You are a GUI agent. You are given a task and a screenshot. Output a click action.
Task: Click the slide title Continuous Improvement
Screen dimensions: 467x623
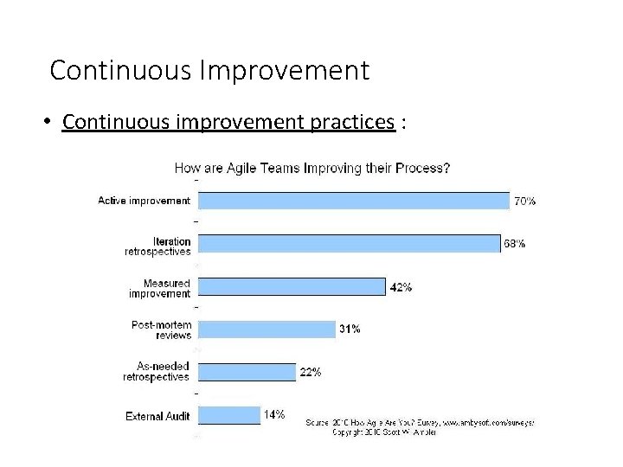[x=209, y=70]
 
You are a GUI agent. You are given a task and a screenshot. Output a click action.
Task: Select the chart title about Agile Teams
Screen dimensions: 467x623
[x=311, y=168]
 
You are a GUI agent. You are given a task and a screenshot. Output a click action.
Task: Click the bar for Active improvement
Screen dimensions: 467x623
[x=353, y=201]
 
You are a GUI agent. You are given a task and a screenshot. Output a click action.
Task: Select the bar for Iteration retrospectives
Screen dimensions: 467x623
[x=349, y=244]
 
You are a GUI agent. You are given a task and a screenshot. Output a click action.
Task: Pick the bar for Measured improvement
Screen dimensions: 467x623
[x=292, y=286]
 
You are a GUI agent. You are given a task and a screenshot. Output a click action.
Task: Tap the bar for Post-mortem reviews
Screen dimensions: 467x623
[x=267, y=329]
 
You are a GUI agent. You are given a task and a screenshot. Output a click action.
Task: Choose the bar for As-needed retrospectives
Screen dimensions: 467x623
[x=247, y=372]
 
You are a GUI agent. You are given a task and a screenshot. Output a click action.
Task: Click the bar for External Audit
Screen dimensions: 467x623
[x=229, y=415]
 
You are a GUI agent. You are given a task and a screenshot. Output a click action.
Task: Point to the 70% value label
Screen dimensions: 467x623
[x=524, y=201]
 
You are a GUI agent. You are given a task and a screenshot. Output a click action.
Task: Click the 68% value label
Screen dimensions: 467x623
[x=514, y=244]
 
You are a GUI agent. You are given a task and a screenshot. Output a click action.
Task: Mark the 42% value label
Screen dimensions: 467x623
[x=401, y=287]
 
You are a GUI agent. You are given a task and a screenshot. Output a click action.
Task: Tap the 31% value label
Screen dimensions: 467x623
[x=350, y=329]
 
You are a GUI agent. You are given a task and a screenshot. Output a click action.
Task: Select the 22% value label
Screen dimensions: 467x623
[x=311, y=372]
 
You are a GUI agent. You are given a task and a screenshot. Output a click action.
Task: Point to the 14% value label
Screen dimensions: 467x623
[x=274, y=415]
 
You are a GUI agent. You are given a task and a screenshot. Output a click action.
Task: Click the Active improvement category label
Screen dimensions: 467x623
[x=144, y=201]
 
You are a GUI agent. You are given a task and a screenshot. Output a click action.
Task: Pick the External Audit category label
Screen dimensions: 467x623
[x=157, y=416]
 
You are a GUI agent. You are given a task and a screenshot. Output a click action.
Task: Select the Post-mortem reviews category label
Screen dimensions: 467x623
[x=161, y=329]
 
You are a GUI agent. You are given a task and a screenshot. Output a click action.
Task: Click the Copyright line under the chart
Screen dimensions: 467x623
[x=385, y=432]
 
